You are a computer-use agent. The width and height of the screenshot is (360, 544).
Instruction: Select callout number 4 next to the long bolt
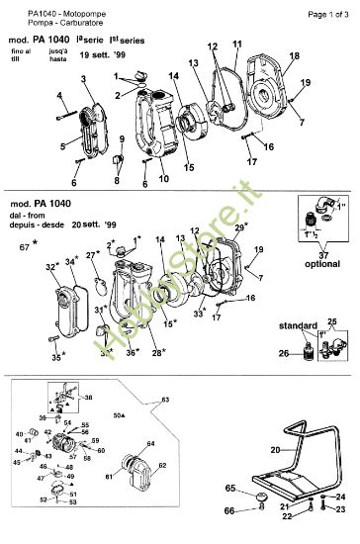[58, 95]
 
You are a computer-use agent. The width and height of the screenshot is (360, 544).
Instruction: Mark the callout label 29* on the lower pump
[239, 228]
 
